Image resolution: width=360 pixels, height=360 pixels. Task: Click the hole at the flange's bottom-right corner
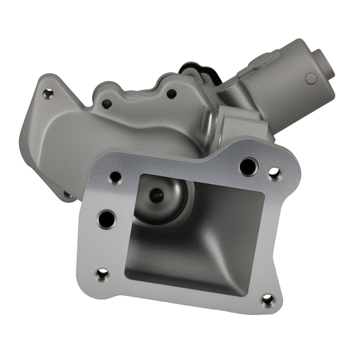268,300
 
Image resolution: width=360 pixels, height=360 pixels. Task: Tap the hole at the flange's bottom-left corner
102,275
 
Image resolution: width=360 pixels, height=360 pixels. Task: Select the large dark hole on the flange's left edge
107,218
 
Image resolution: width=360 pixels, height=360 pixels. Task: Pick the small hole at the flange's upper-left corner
115,177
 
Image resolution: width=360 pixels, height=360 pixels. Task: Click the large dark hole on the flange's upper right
248,166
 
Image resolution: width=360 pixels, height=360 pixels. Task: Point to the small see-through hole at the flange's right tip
275,174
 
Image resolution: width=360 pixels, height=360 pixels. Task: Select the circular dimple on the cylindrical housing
311,78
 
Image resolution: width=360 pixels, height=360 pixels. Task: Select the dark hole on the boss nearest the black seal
172,94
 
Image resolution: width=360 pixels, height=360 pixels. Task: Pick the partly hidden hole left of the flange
68,195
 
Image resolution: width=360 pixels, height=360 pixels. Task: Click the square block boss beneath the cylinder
241,124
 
